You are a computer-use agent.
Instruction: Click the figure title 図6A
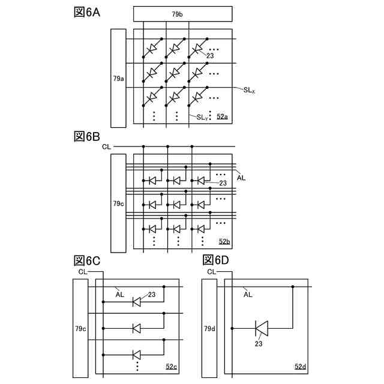(x=86, y=13)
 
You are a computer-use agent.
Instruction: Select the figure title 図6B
(x=86, y=136)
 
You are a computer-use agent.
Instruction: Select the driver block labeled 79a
(x=119, y=78)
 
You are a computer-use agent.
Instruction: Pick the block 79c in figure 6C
(x=80, y=329)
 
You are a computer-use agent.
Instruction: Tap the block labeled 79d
(x=210, y=329)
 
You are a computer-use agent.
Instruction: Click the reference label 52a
(x=221, y=116)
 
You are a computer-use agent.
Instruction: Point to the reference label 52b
(x=224, y=241)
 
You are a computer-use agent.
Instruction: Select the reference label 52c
(x=170, y=366)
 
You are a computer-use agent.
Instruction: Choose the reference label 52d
(x=300, y=366)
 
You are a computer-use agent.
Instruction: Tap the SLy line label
(x=202, y=118)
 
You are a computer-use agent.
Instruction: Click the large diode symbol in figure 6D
(x=261, y=328)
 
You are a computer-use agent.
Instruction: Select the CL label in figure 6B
(x=106, y=146)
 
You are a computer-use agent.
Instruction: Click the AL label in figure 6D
(x=248, y=295)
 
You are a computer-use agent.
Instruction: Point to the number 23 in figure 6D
(x=259, y=344)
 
